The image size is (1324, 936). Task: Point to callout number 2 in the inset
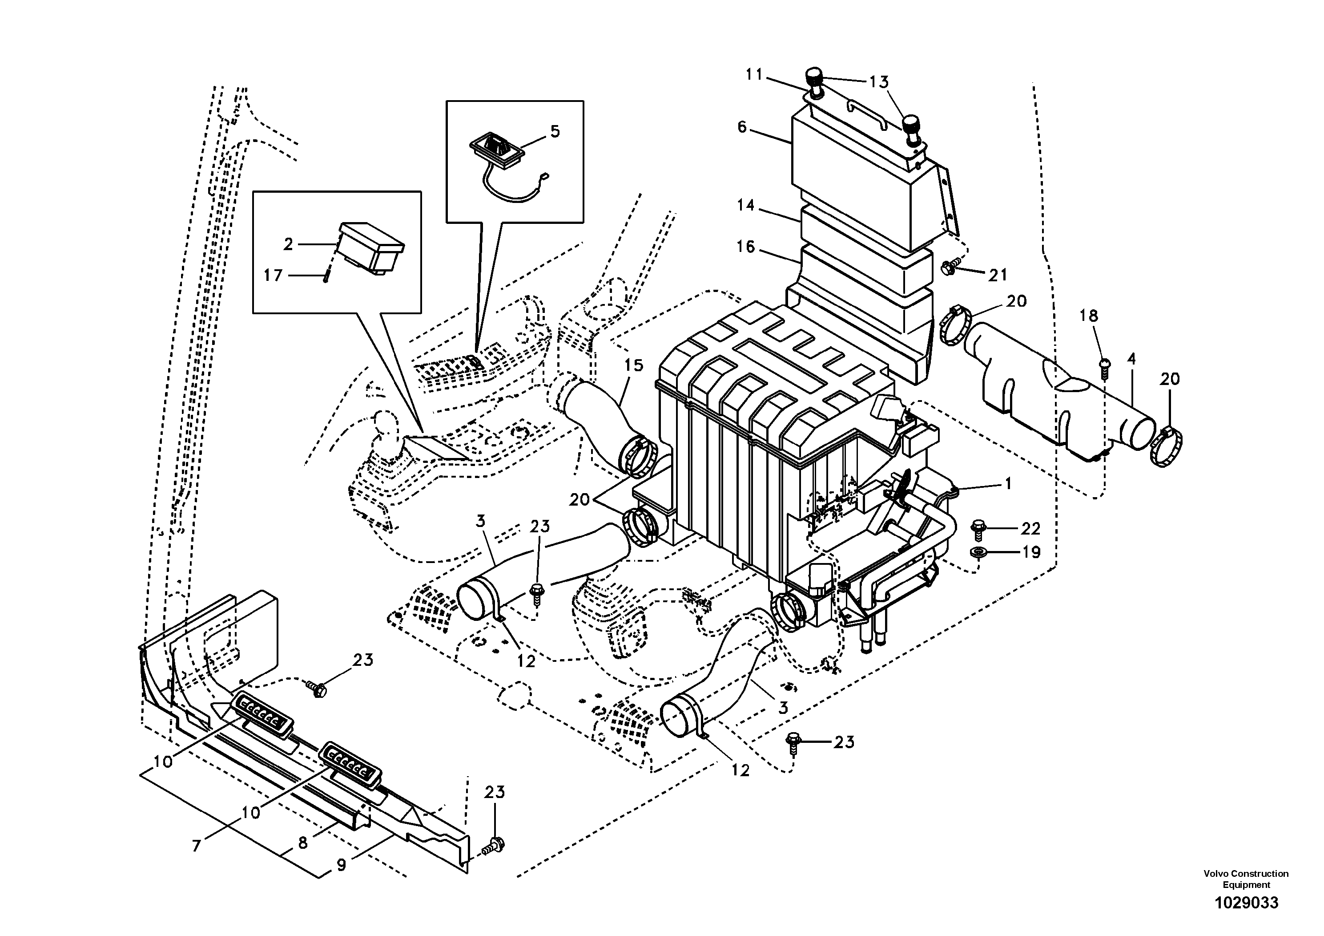point(288,244)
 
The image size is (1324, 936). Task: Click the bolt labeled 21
point(947,267)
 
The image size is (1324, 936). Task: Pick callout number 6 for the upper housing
point(742,126)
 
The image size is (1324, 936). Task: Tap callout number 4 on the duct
point(1131,359)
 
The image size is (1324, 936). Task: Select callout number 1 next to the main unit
point(1008,484)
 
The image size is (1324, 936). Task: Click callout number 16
point(746,247)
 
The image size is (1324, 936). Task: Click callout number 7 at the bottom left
point(196,846)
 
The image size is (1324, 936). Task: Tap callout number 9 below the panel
point(342,866)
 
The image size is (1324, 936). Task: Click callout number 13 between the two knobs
point(879,82)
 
